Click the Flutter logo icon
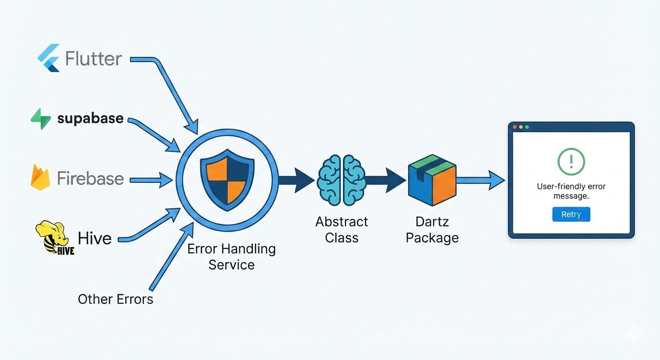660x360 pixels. coord(49,58)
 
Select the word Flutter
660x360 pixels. coord(94,59)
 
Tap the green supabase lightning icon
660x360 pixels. coord(41,119)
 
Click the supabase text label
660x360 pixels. coord(90,118)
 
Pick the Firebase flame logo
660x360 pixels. coord(40,177)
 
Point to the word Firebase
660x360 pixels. coord(90,178)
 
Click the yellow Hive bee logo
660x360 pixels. coord(54,238)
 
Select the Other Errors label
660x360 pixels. coord(115,299)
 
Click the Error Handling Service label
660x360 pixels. coord(232,256)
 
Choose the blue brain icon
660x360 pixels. coord(341,180)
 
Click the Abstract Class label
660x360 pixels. coord(342,229)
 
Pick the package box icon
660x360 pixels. coord(432,180)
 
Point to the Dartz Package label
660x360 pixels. coord(432,229)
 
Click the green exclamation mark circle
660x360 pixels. coord(571,162)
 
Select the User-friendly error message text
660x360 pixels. coord(571,191)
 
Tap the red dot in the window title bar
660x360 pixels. coord(515,127)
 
